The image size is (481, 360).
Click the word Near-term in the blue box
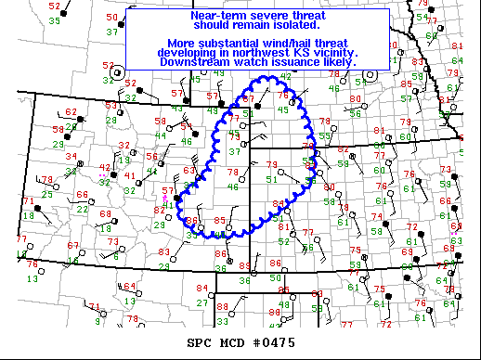(x=216, y=16)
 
